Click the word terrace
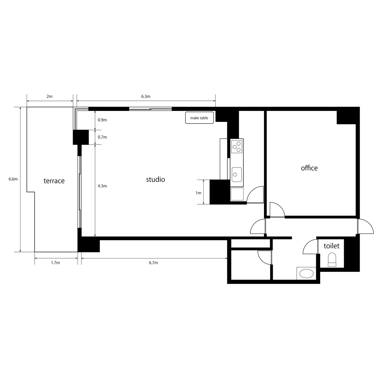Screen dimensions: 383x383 (54, 181)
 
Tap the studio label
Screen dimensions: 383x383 (155, 180)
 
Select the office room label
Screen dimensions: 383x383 (309, 168)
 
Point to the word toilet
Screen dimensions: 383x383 (331, 246)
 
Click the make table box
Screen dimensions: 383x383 (199, 118)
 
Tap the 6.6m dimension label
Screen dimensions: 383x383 (13, 179)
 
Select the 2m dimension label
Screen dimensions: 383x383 (50, 97)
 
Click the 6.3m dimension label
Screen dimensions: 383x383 (146, 97)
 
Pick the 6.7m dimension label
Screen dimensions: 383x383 (153, 263)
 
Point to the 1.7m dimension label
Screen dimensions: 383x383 (55, 263)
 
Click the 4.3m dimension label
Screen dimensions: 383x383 (102, 186)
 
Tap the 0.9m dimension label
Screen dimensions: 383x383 (102, 120)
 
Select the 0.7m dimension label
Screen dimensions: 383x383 (102, 137)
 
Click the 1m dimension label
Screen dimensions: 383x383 (198, 193)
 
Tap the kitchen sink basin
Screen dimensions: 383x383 (237, 174)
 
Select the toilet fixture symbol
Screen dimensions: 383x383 (332, 260)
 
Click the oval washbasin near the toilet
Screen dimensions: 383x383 (306, 274)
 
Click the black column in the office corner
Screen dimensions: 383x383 (346, 117)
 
